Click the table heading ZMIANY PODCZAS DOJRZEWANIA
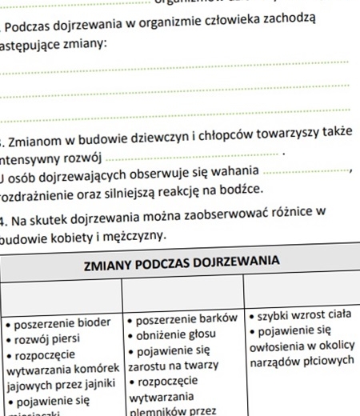(182, 261)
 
